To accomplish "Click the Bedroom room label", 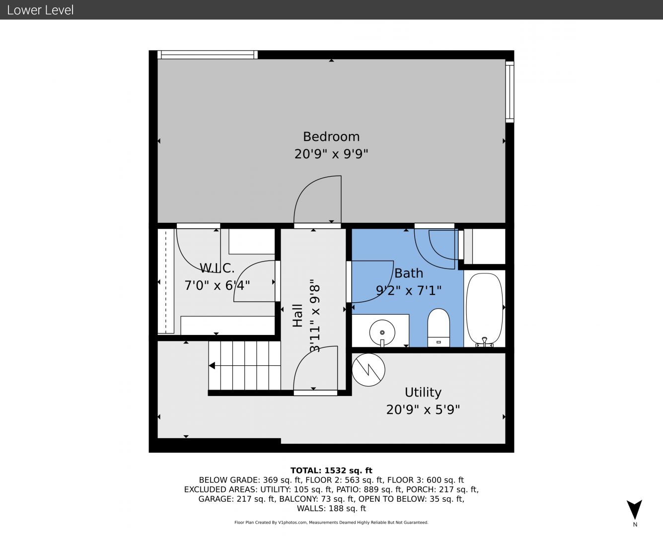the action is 331,137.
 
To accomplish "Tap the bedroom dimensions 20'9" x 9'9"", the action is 331,154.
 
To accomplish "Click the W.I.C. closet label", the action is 217,268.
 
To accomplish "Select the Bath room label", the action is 409,273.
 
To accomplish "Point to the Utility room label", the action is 423,393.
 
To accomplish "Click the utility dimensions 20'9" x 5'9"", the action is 423,410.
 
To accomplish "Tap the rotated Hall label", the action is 298,316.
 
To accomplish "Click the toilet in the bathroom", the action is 439,328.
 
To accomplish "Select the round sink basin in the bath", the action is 382,333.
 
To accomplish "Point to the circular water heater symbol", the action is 368,370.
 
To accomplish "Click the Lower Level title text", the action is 40,10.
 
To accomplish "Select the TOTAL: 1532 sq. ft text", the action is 331,470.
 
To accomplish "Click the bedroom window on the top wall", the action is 208,55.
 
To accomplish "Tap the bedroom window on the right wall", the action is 510,92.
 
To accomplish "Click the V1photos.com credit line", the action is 331,522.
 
